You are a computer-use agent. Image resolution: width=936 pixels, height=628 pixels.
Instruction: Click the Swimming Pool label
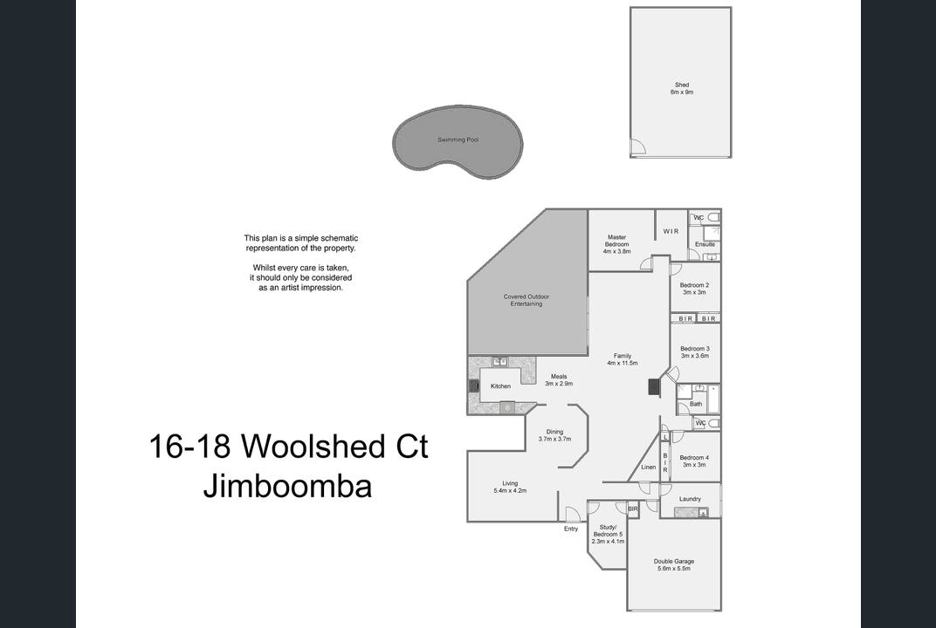[x=458, y=140]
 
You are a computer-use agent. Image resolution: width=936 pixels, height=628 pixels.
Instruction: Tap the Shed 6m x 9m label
[x=682, y=89]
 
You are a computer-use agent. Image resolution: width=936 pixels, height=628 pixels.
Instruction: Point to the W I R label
[x=671, y=231]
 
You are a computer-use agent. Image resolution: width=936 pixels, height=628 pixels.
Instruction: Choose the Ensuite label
[x=705, y=244]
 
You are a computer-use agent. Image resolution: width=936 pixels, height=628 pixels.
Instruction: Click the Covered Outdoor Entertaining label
[x=526, y=300]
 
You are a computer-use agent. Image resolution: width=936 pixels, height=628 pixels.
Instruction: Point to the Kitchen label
[x=500, y=386]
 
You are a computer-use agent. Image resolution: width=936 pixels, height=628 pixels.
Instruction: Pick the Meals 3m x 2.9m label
[x=559, y=380]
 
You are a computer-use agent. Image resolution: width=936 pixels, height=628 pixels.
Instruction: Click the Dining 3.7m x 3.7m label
[x=554, y=435]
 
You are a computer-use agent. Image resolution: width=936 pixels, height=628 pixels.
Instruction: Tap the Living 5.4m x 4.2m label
[x=510, y=487]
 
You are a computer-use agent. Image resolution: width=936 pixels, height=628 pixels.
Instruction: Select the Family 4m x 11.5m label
[x=622, y=359]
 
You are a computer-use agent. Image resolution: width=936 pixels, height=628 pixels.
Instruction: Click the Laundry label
[x=690, y=499]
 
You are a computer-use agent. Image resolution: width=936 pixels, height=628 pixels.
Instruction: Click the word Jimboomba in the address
[x=288, y=486]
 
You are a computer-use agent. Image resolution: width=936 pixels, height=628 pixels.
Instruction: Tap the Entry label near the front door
[x=571, y=529]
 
